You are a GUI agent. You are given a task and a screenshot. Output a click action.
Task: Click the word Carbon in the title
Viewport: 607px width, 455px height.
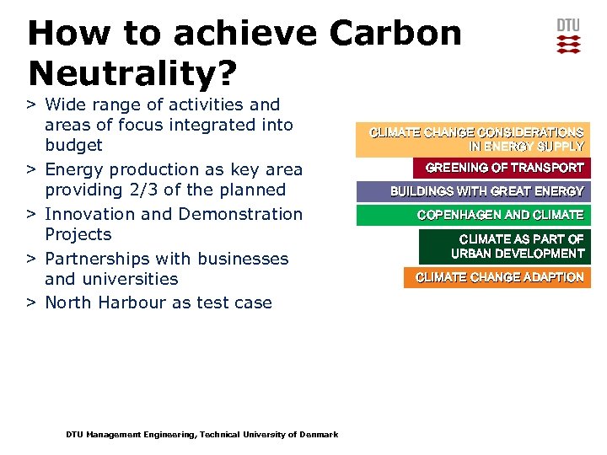pos(396,34)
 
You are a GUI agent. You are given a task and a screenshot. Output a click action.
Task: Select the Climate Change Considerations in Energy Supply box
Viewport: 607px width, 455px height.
pos(474,140)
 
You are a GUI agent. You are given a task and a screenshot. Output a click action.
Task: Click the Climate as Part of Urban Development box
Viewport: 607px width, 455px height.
pos(505,247)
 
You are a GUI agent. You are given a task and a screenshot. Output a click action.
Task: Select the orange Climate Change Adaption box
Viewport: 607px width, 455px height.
pos(497,277)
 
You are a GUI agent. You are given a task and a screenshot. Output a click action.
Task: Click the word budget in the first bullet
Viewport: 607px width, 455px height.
pos(73,145)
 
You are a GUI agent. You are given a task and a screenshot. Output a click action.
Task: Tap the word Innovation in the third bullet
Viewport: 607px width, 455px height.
pos(89,214)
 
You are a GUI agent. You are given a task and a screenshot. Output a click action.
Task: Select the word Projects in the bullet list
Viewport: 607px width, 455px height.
pos(78,234)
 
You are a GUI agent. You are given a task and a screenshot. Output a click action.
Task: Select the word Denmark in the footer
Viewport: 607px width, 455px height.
pos(319,435)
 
